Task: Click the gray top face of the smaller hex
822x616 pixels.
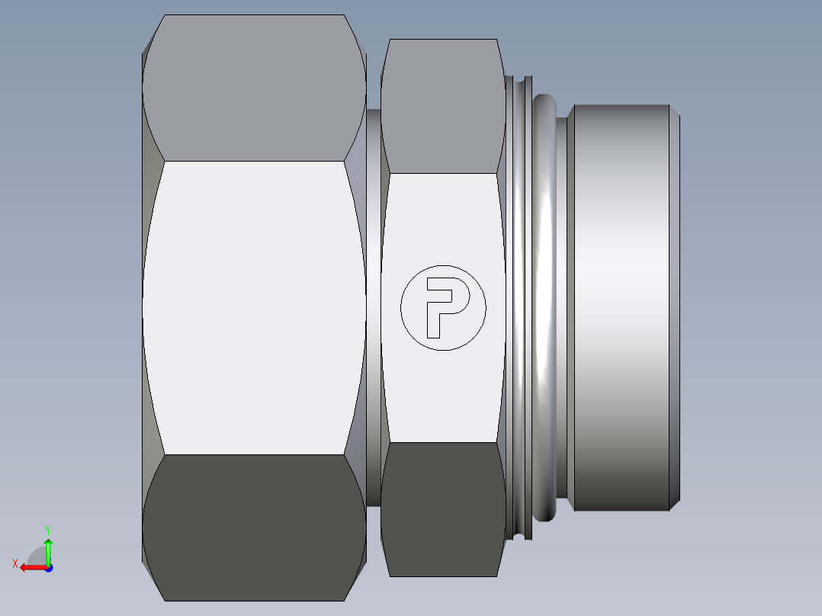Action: click(x=442, y=107)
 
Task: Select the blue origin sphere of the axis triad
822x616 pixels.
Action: click(x=48, y=567)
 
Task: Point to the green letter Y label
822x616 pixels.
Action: click(x=47, y=529)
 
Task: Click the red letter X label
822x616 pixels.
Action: click(x=15, y=563)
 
